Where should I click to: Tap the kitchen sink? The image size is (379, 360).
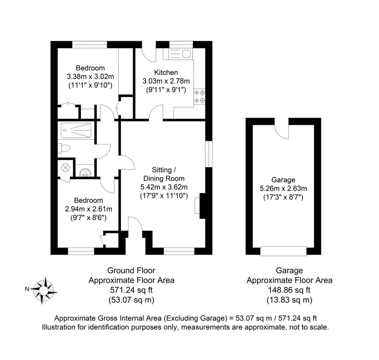tap(178, 53)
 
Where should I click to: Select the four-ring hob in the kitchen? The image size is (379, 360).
tap(200, 97)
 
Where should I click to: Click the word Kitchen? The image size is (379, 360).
tap(166, 72)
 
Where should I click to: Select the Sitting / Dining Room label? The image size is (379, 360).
tap(164, 174)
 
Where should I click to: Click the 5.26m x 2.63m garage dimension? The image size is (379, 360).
tap(283, 189)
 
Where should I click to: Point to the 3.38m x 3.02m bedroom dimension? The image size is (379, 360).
tap(90, 77)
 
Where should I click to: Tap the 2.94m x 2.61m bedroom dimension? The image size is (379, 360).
tap(89, 209)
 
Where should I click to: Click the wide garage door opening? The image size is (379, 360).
tap(283, 251)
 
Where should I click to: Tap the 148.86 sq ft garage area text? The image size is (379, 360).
tap(289, 290)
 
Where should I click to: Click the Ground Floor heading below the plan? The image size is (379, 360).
tap(131, 270)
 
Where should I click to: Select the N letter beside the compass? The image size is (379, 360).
tap(27, 289)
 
